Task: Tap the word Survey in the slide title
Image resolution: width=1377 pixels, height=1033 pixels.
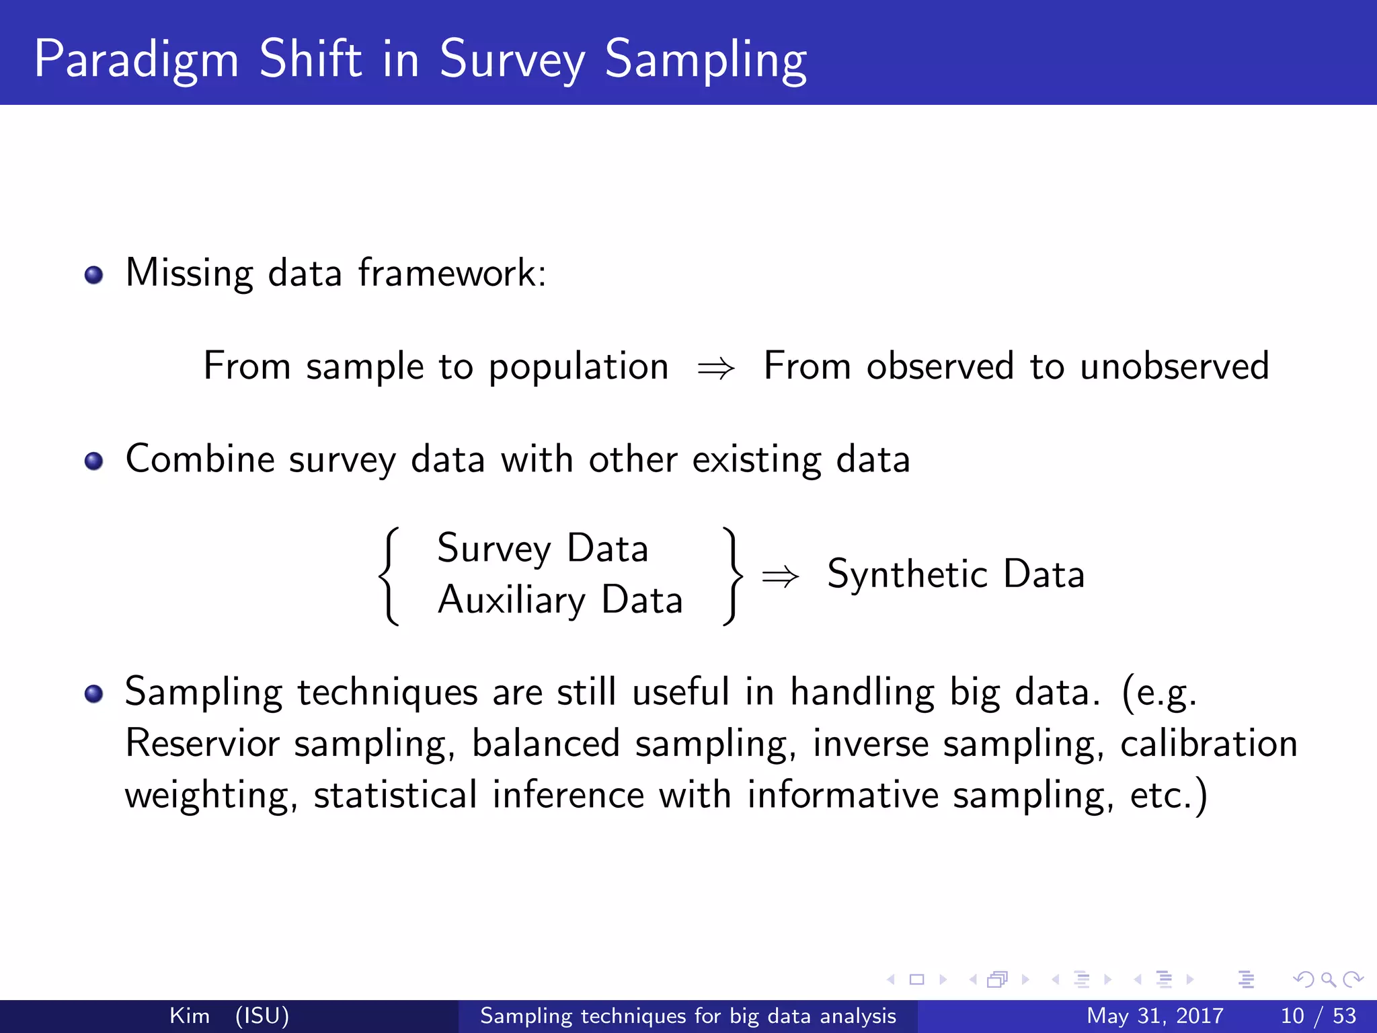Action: tap(512, 61)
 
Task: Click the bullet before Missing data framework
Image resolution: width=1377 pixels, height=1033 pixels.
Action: tap(93, 275)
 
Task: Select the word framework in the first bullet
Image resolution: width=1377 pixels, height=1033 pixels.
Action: tap(451, 273)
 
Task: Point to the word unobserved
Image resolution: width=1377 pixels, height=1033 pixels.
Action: tap(1174, 367)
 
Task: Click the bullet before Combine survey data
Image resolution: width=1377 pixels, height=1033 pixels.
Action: tap(93, 461)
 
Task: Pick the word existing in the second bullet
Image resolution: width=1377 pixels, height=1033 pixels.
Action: tap(756, 460)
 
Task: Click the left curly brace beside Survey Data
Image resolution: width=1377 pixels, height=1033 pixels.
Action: tap(389, 576)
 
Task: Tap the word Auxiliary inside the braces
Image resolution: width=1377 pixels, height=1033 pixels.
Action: tap(512, 600)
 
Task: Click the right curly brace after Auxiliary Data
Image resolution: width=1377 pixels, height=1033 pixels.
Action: tap(732, 576)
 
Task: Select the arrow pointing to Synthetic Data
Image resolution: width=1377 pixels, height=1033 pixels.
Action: tap(780, 576)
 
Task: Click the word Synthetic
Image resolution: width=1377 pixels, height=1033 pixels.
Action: tap(907, 574)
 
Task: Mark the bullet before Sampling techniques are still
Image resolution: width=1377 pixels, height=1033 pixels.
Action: tap(93, 693)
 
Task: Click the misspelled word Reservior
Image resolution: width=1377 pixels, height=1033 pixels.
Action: tap(202, 744)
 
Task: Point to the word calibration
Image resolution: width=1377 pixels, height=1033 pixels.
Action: tap(1208, 744)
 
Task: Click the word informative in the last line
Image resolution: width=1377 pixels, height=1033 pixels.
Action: tap(842, 795)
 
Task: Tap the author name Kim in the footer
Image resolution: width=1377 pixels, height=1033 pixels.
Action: tap(189, 1016)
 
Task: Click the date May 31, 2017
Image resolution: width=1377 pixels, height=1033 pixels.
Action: tap(1154, 1016)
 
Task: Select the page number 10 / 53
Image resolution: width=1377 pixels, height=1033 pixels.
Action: tap(1318, 1016)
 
